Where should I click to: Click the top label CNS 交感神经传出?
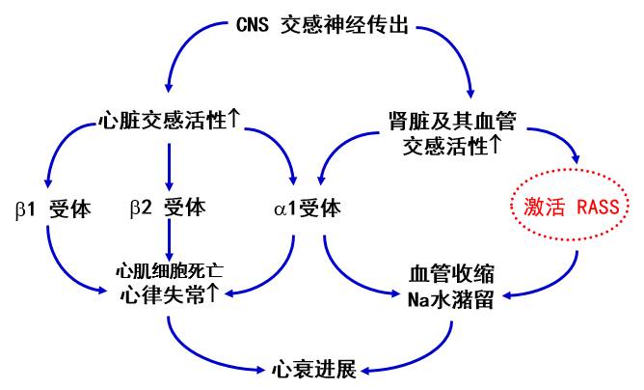323,25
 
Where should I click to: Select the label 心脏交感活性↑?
169,121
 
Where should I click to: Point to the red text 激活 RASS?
570,206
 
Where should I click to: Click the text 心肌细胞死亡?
170,269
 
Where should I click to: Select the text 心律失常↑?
170,293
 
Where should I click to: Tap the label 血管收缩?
451,273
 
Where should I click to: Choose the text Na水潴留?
451,298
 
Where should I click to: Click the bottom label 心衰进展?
314,369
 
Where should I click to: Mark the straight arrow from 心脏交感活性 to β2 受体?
170,164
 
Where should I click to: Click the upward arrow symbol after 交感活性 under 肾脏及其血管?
496,145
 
